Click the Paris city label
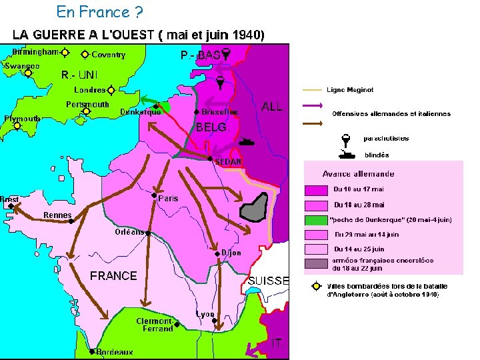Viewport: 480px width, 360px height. coord(168,198)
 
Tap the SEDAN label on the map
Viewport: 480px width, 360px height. coord(228,161)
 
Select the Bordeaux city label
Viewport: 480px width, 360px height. coord(114,352)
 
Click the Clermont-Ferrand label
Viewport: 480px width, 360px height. coord(155,325)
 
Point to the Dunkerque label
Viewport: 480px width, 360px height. coord(140,112)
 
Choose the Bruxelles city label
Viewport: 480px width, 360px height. coord(219,112)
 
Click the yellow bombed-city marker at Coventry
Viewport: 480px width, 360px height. coord(85,54)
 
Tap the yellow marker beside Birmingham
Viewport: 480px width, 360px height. coord(65,52)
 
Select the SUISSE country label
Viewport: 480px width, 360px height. coord(268,281)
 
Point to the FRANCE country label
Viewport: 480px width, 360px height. coord(113,276)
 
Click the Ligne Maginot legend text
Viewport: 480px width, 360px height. coord(350,89)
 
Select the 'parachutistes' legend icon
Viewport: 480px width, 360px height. coord(345,139)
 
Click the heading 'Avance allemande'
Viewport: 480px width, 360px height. coord(358,174)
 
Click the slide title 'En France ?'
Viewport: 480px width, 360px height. coord(99,11)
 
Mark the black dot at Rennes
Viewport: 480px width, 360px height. coord(71,221)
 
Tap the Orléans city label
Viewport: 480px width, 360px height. coord(129,232)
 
